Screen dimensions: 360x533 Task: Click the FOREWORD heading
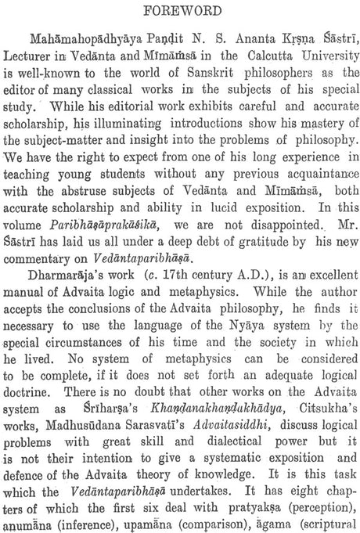(180, 11)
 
